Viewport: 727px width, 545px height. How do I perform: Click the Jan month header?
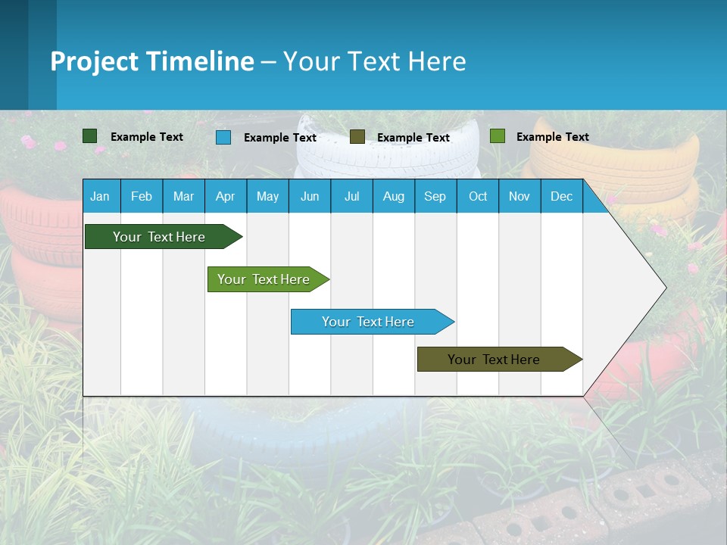pyautogui.click(x=100, y=196)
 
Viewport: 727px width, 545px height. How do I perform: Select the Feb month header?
pyautogui.click(x=142, y=196)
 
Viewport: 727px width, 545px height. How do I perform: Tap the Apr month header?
pyautogui.click(x=225, y=196)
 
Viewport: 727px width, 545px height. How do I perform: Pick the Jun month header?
pyautogui.click(x=310, y=196)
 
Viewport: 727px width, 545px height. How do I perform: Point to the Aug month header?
pyautogui.click(x=393, y=196)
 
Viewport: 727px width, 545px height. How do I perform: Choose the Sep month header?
pyautogui.click(x=435, y=196)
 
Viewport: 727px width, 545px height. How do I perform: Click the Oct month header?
pyautogui.click(x=478, y=196)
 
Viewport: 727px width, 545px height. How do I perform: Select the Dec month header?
pyautogui.click(x=561, y=196)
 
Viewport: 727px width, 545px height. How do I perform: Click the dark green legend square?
pyautogui.click(x=90, y=136)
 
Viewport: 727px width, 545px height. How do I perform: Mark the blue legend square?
pyautogui.click(x=223, y=137)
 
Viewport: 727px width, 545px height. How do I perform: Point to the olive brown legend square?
pyautogui.click(x=357, y=137)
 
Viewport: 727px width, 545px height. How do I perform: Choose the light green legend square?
pyautogui.click(x=498, y=136)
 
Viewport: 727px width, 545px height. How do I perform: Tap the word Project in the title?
pyautogui.click(x=95, y=61)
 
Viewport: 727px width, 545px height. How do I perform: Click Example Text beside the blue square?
pyautogui.click(x=280, y=138)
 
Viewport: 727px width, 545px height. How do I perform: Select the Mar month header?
pyautogui.click(x=183, y=196)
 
